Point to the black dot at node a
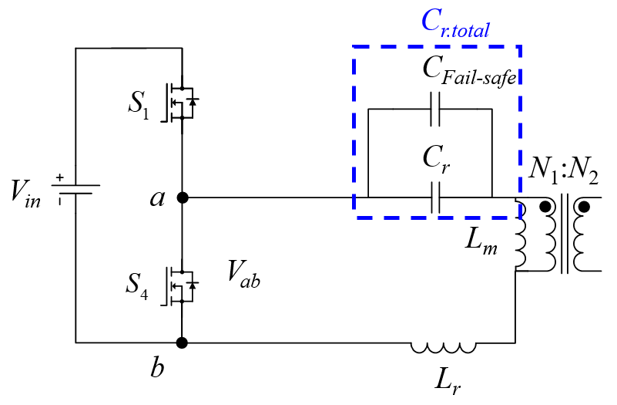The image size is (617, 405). click(182, 197)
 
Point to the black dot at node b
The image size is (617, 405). click(182, 343)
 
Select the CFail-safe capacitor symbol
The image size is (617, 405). click(436, 109)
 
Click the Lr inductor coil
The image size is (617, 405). click(443, 348)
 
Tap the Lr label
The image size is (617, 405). click(448, 380)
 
